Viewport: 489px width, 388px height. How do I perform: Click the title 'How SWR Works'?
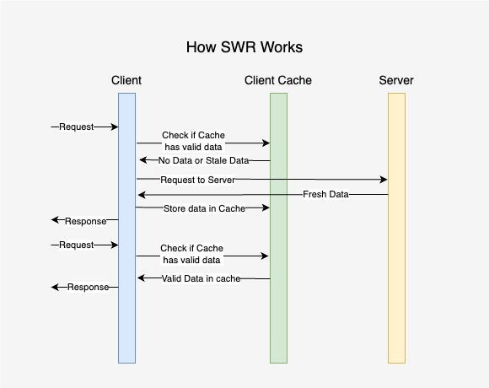tap(244, 47)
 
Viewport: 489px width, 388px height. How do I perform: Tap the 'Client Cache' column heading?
tap(278, 80)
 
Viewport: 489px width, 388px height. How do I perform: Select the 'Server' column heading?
tap(396, 80)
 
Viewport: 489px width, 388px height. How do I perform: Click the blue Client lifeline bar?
tap(126, 228)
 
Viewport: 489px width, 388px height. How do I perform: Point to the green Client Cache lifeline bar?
tap(278, 228)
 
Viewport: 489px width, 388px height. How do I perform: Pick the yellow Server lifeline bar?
tap(396, 228)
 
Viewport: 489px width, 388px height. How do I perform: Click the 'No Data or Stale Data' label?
tap(204, 160)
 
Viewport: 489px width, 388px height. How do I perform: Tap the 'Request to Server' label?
tap(198, 180)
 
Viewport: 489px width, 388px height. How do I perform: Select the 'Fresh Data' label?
tap(325, 194)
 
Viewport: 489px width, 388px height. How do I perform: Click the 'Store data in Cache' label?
tap(204, 208)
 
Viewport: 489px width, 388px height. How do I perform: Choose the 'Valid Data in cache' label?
tap(201, 278)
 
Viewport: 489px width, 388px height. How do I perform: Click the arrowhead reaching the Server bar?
tap(384, 180)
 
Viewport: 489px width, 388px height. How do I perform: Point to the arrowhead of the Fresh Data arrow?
tap(142, 195)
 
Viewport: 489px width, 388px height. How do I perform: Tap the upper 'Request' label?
tap(77, 127)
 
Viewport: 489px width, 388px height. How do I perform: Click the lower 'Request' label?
tap(77, 245)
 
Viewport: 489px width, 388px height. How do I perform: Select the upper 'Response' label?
tap(85, 221)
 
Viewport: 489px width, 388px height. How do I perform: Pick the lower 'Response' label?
tap(88, 287)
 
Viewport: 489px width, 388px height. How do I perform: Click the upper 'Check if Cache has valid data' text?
tap(193, 141)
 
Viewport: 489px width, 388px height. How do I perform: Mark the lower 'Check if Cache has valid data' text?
tap(191, 254)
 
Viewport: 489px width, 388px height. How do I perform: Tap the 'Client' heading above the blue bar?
tap(126, 80)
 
